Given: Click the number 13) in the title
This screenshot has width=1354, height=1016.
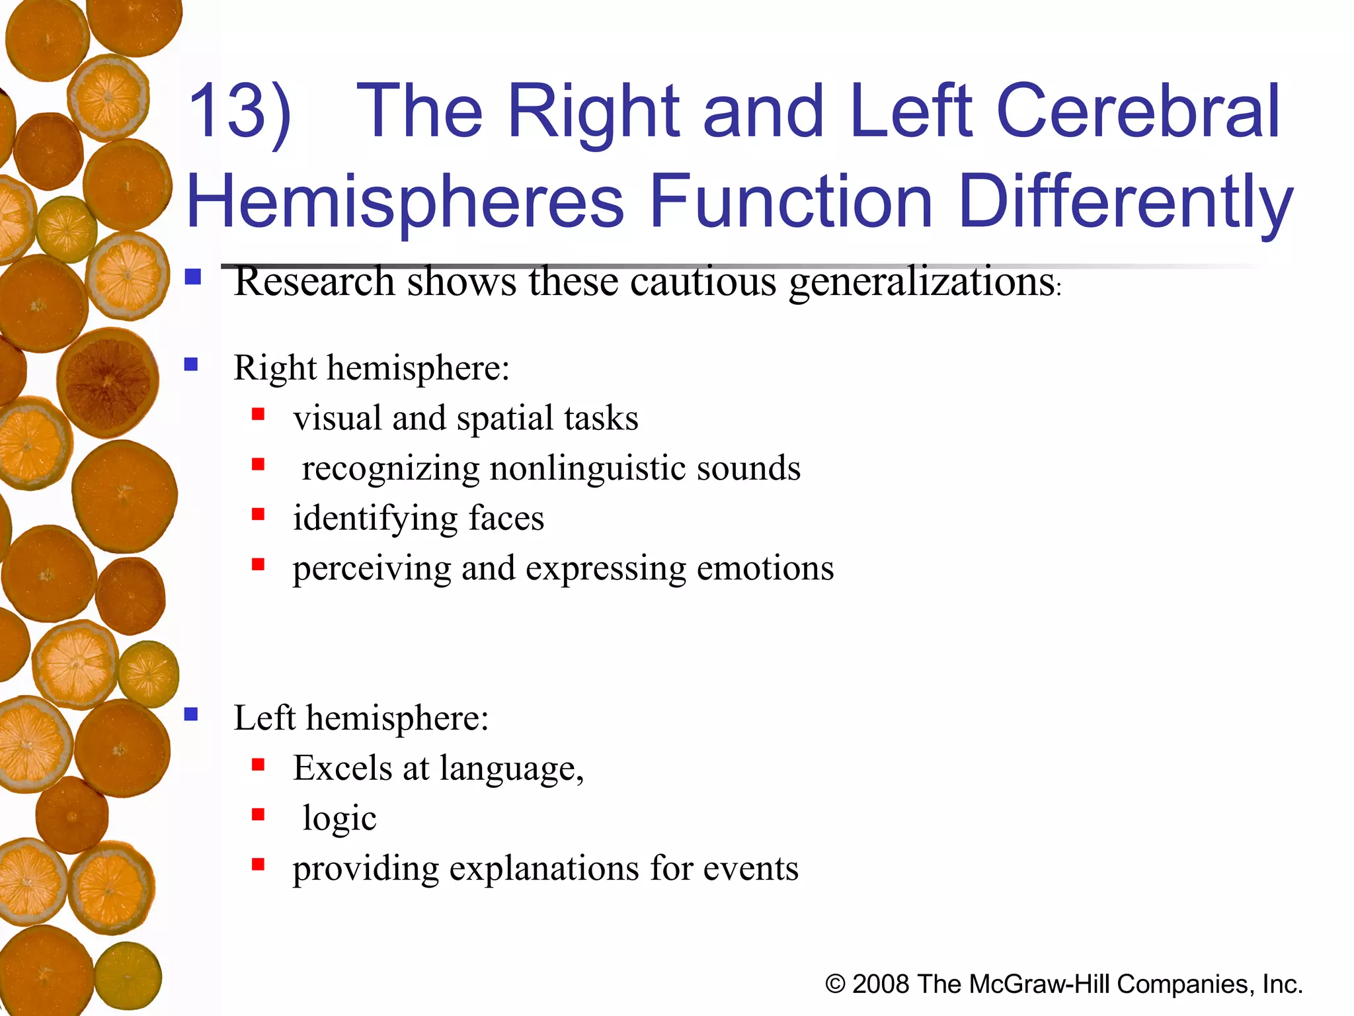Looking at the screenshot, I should point(239,112).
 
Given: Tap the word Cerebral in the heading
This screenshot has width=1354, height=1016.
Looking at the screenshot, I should point(1137,112).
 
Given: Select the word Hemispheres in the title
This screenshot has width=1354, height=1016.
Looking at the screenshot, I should point(405,201).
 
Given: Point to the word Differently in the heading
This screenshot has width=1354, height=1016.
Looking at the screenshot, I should point(1124,201).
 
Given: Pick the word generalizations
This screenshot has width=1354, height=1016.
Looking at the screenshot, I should point(922,282).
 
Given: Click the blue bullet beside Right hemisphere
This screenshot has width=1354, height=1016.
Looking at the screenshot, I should point(192,364).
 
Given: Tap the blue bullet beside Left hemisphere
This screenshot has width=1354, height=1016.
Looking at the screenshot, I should point(192,714).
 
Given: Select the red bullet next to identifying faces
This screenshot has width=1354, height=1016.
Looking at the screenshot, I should point(259,515).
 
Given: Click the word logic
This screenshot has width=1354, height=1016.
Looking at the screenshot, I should point(339,819).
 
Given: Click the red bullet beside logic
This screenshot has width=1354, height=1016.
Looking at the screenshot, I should point(259,815).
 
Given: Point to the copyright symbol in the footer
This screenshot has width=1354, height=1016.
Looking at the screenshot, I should point(835,984).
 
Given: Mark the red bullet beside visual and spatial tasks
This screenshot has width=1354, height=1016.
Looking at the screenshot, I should point(259,415).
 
